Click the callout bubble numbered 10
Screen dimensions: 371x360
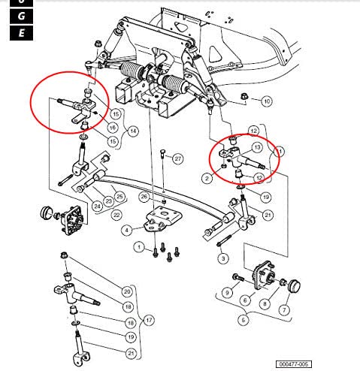point(266,101)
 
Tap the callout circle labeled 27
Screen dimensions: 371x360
point(177,159)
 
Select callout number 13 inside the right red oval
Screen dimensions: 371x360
point(256,148)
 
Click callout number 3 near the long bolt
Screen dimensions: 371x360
point(222,258)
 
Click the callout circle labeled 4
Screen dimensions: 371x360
point(127,229)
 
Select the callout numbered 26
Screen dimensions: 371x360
point(143,198)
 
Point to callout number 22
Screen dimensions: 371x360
point(116,215)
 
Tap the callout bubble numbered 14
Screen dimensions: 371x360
point(132,131)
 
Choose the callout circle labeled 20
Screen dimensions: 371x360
point(126,291)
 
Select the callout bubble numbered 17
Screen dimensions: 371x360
point(148,321)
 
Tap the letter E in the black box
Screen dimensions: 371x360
point(22,32)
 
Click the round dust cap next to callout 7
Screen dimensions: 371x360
point(293,285)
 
